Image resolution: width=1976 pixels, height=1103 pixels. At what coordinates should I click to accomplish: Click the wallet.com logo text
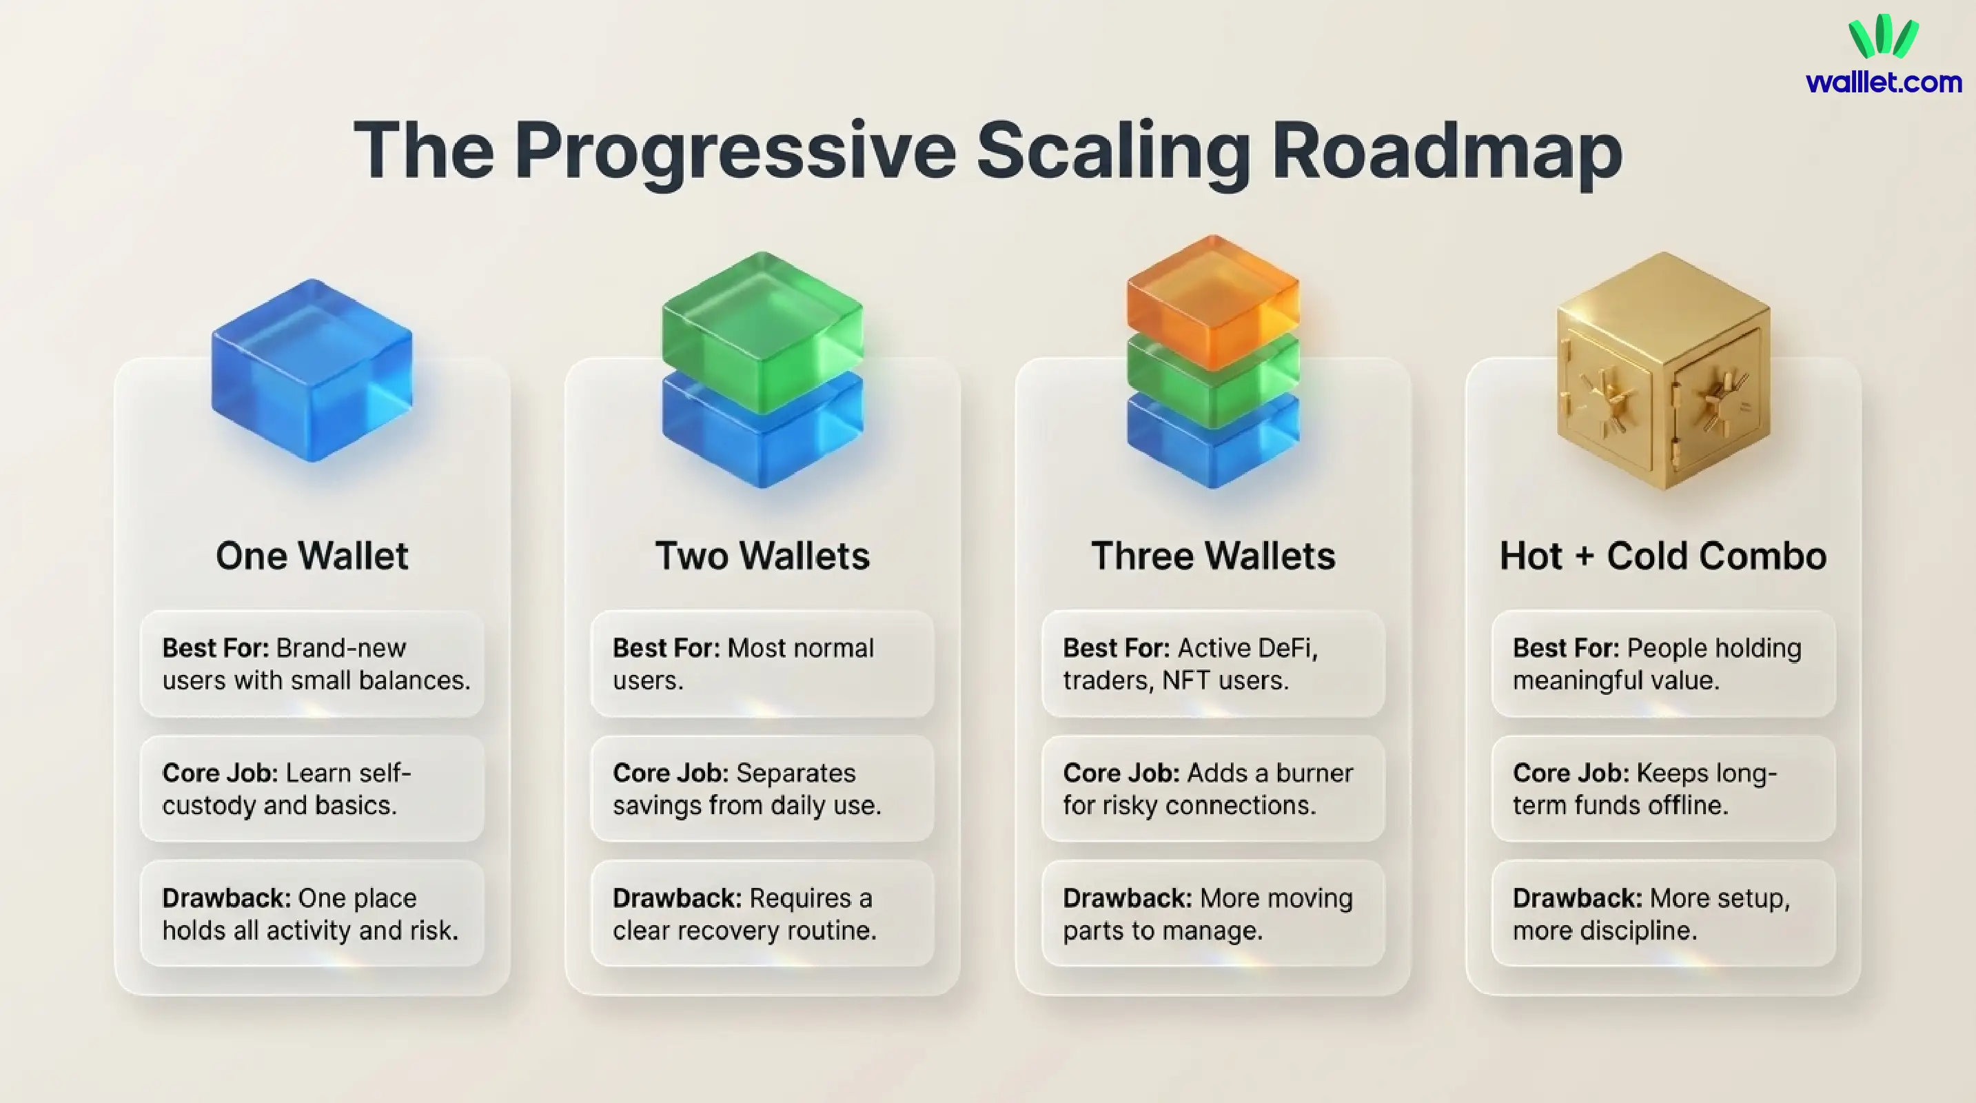[x=1883, y=82]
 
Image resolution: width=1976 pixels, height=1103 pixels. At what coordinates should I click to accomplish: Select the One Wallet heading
[x=312, y=556]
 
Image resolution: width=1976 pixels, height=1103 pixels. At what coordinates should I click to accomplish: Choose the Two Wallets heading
[x=762, y=556]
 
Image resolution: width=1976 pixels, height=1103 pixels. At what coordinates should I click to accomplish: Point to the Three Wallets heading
[x=1213, y=556]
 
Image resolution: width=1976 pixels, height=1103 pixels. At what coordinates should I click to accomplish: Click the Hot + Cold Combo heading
[x=1662, y=556]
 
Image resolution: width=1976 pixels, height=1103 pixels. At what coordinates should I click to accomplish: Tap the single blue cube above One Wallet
[x=312, y=370]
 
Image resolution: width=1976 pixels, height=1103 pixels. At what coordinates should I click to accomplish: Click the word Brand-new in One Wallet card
[x=340, y=648]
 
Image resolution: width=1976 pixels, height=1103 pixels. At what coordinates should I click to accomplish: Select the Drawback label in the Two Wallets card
[x=677, y=898]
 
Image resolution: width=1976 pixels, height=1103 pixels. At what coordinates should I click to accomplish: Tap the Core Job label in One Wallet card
[x=219, y=773]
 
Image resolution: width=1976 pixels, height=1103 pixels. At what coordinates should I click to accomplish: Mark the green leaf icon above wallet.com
[x=1883, y=36]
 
